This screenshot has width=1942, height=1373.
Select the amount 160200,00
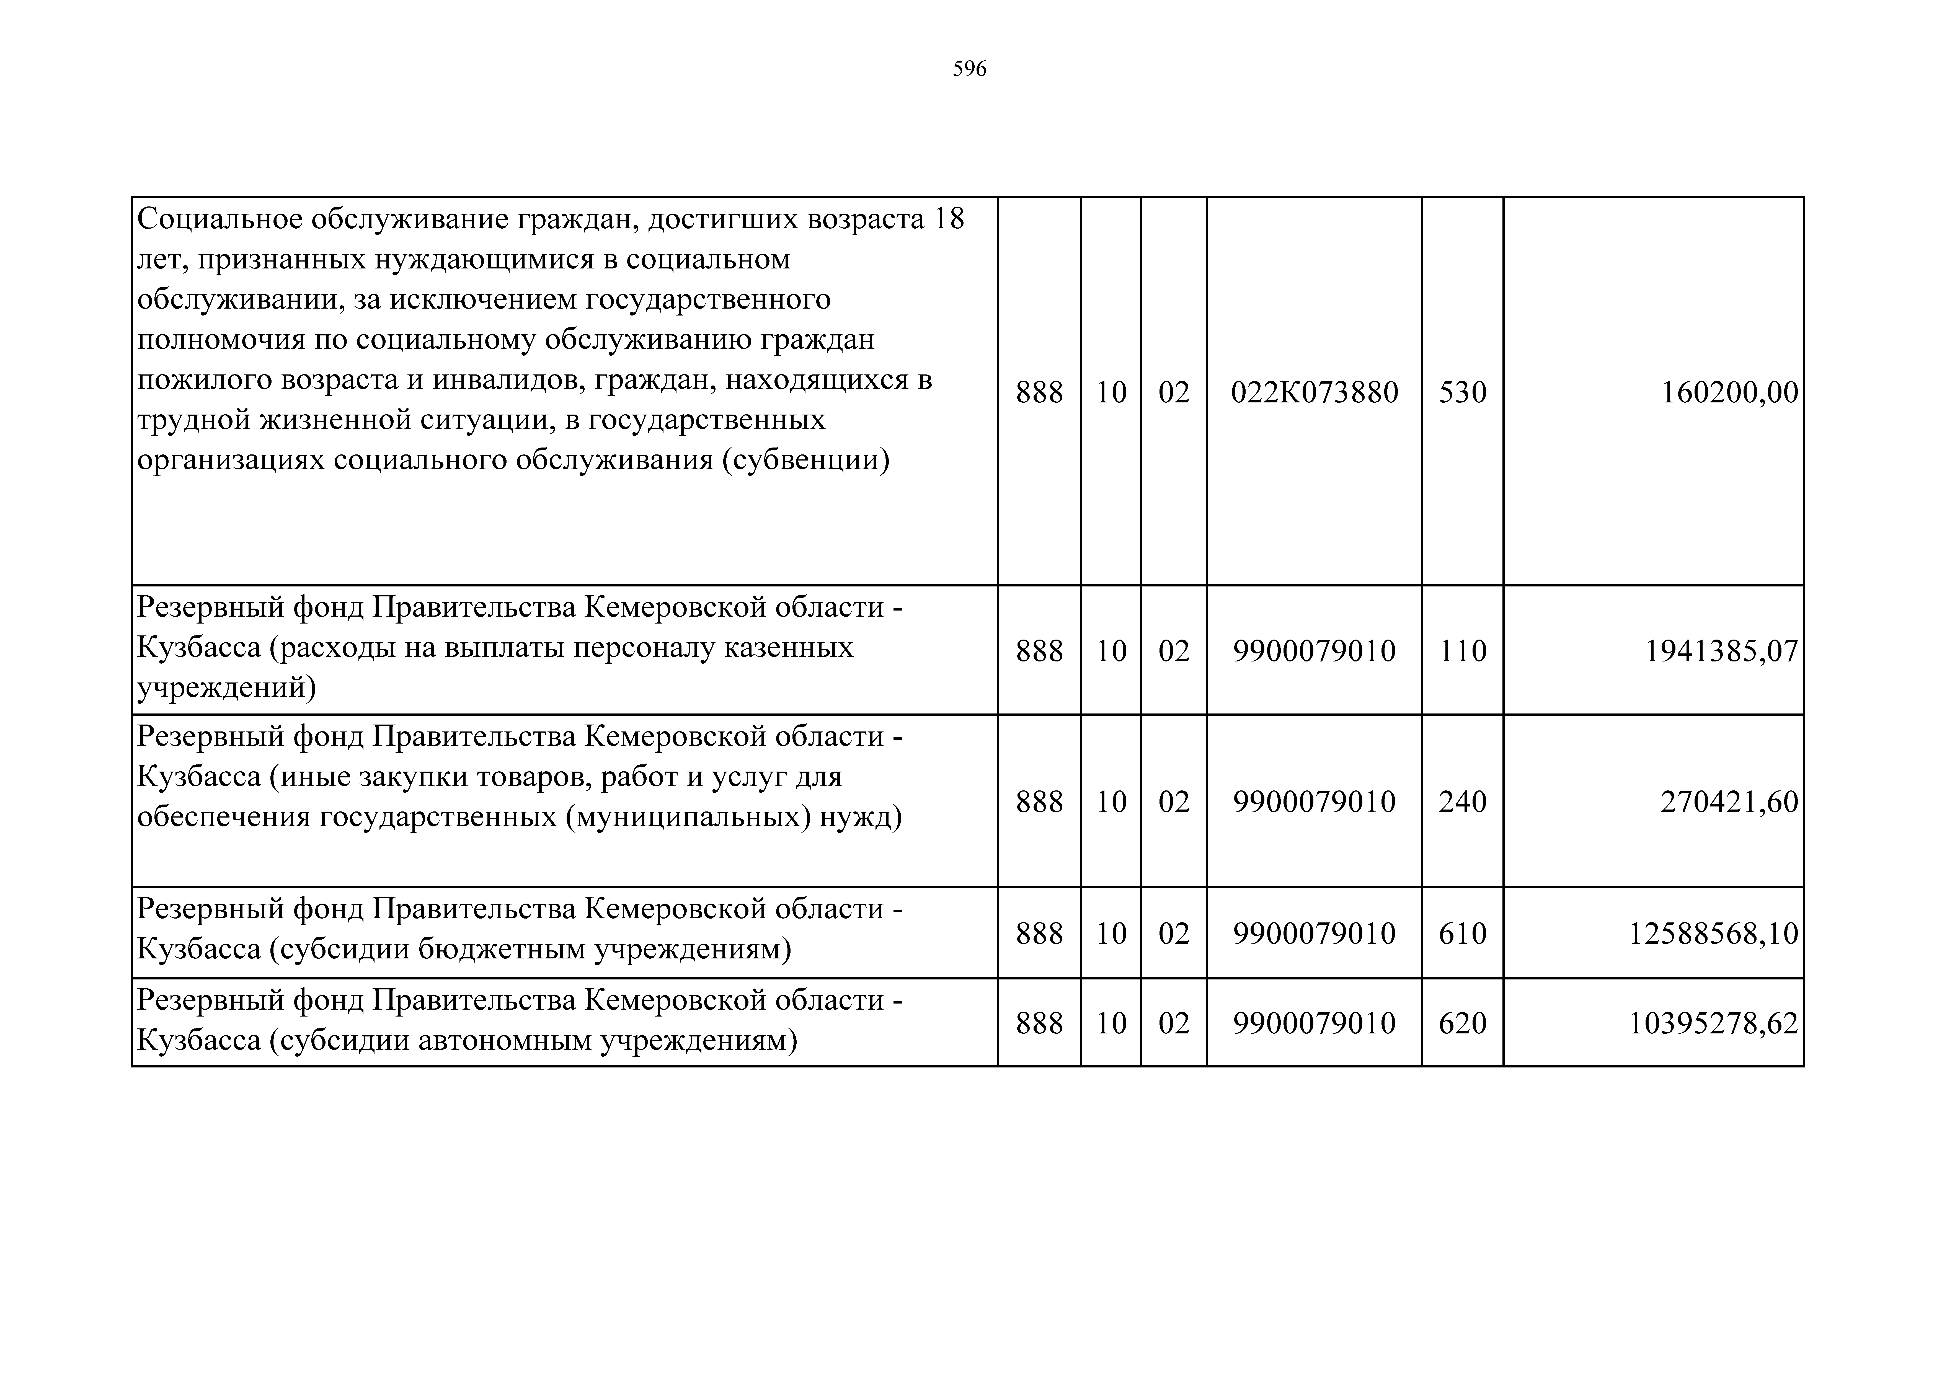(1730, 392)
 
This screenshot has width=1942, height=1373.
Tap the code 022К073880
(1315, 392)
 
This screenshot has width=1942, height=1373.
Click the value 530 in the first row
(1462, 392)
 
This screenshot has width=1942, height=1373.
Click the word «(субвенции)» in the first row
(805, 461)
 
